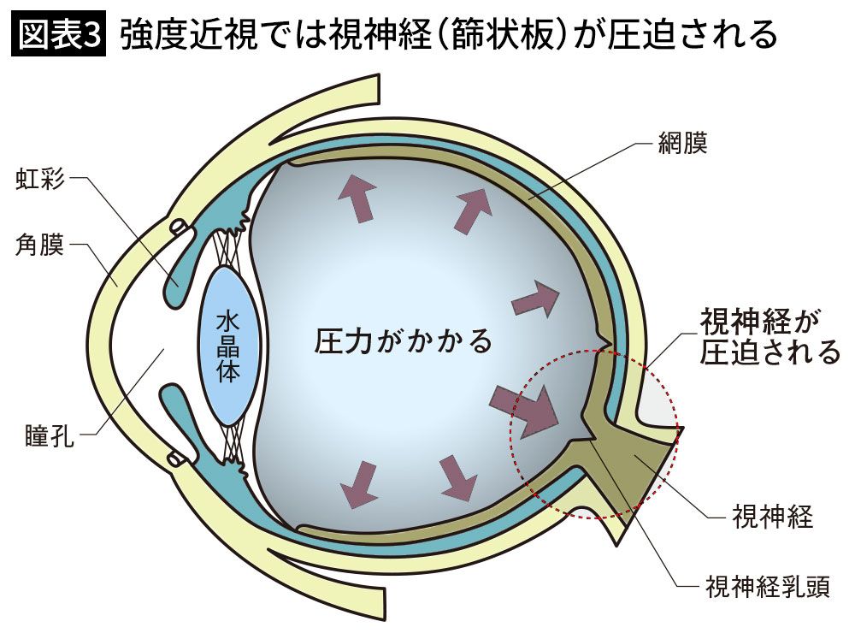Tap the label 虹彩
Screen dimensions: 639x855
coord(40,180)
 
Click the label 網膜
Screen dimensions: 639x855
coord(683,143)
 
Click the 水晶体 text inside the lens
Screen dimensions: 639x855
coord(227,346)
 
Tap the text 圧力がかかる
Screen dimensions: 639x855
coord(404,341)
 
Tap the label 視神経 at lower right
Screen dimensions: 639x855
coord(772,516)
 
